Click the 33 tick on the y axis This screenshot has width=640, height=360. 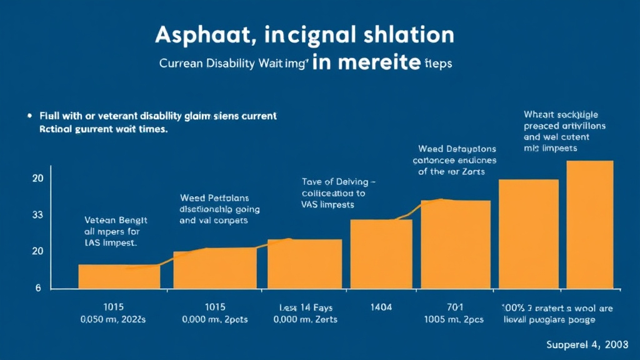click(x=37, y=215)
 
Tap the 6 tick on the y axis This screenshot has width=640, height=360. click(x=37, y=288)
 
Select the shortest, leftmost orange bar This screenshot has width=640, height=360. click(x=119, y=276)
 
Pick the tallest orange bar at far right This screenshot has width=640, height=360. click(x=589, y=225)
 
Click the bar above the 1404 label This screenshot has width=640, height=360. click(x=381, y=254)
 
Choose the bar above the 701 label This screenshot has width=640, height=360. click(x=456, y=244)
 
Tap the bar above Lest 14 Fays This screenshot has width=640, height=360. click(x=304, y=264)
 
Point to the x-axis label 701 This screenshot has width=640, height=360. click(x=455, y=307)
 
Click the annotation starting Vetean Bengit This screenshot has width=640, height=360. click(x=116, y=231)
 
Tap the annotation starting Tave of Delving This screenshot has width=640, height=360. click(x=338, y=193)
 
